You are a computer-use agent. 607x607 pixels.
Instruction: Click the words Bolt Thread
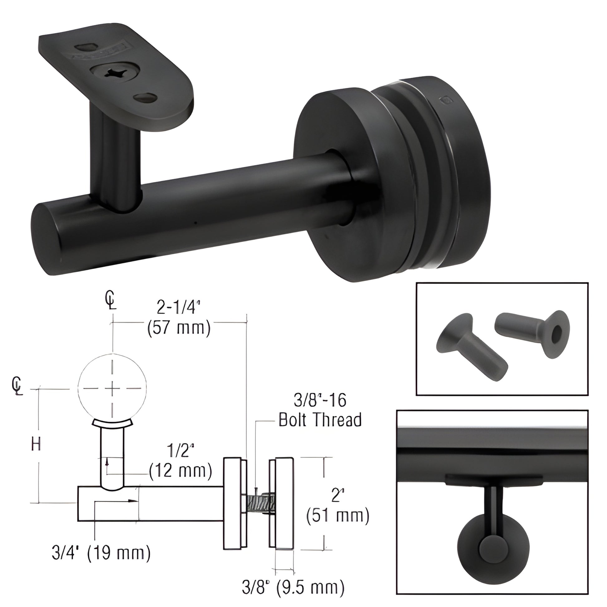tap(320, 420)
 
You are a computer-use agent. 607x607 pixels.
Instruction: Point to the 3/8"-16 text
tap(320, 400)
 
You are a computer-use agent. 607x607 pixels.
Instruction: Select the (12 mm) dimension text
tap(180, 471)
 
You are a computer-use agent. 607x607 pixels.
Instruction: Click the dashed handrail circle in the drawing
tap(112, 389)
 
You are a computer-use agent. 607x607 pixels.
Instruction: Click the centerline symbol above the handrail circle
tap(111, 300)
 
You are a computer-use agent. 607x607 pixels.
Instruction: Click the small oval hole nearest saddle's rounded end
tap(145, 98)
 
